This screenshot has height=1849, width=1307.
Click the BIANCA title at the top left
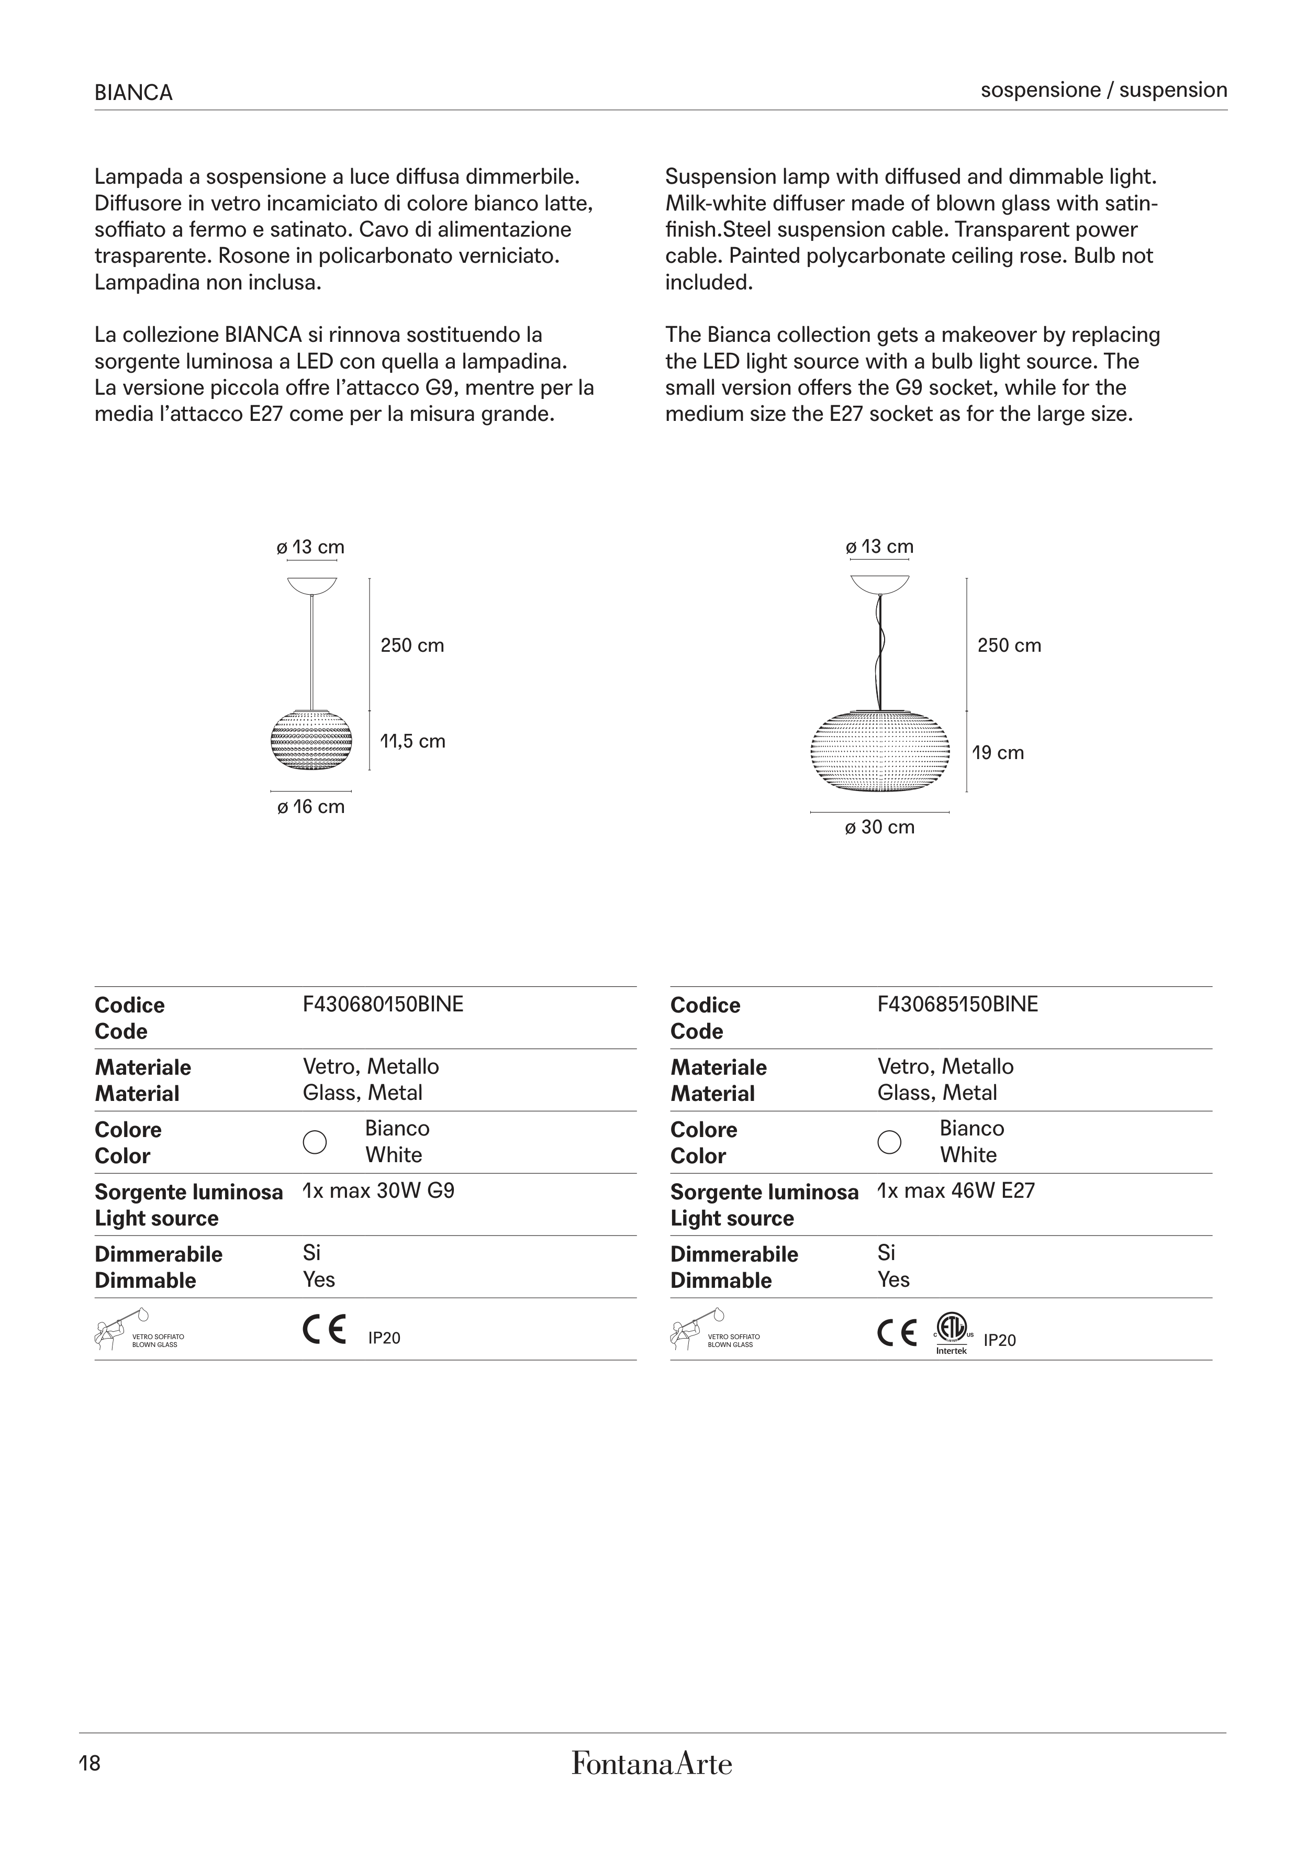133,93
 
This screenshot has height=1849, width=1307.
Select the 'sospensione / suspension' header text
1103,90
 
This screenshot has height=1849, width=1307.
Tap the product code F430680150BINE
383,1004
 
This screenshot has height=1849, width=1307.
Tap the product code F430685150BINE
957,1004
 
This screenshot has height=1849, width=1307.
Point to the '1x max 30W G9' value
378,1190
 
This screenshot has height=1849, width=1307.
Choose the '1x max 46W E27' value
956,1190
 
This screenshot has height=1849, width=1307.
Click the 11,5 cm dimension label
412,741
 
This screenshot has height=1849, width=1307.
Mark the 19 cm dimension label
999,753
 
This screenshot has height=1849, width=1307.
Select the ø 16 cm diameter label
311,807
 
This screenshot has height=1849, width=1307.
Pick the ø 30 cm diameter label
879,827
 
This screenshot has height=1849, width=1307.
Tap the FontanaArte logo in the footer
652,1764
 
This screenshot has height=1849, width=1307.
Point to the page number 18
90,1764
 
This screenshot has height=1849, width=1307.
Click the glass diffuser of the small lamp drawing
311,739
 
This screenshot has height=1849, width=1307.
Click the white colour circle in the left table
314,1142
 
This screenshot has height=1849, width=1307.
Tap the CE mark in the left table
325,1330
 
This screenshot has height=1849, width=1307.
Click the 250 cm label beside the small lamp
412,645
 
